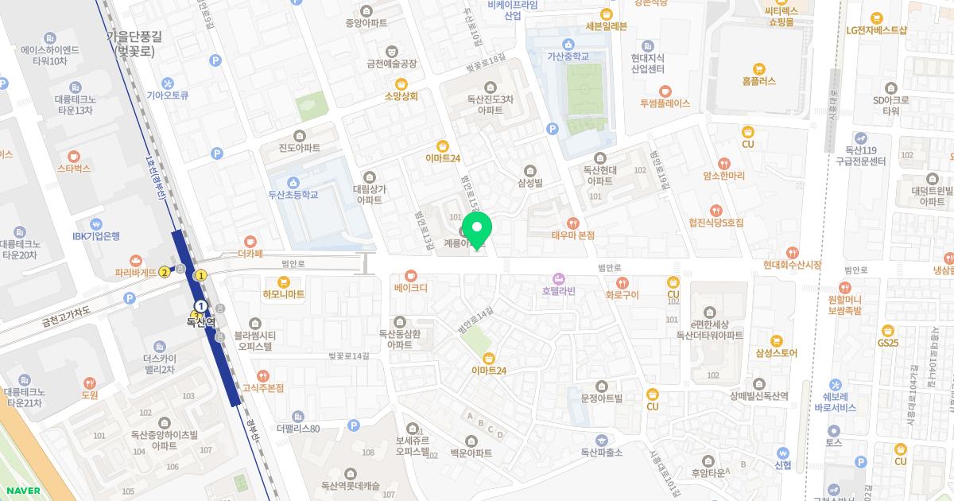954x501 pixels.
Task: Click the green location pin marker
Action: (x=477, y=230)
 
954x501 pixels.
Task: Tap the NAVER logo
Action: (x=21, y=491)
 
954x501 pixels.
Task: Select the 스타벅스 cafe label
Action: (x=74, y=169)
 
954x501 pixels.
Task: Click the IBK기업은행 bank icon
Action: (x=96, y=223)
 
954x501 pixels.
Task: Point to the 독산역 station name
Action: (x=201, y=322)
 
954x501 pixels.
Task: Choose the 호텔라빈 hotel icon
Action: (x=558, y=278)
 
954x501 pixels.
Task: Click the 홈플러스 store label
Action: (x=758, y=81)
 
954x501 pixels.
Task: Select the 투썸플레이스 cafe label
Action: (x=665, y=103)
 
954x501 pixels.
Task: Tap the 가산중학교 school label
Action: (x=568, y=56)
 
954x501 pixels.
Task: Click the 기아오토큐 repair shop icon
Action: (x=168, y=83)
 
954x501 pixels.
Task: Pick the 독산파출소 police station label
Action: (x=601, y=452)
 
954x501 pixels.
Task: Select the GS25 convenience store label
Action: (x=887, y=343)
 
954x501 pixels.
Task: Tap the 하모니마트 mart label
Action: (x=284, y=294)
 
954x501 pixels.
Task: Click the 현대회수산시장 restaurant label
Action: (x=792, y=264)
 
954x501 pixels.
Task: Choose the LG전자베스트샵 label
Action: (x=876, y=30)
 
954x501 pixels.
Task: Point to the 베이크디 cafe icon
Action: (x=410, y=274)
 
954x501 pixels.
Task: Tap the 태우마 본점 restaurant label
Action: (x=572, y=235)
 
